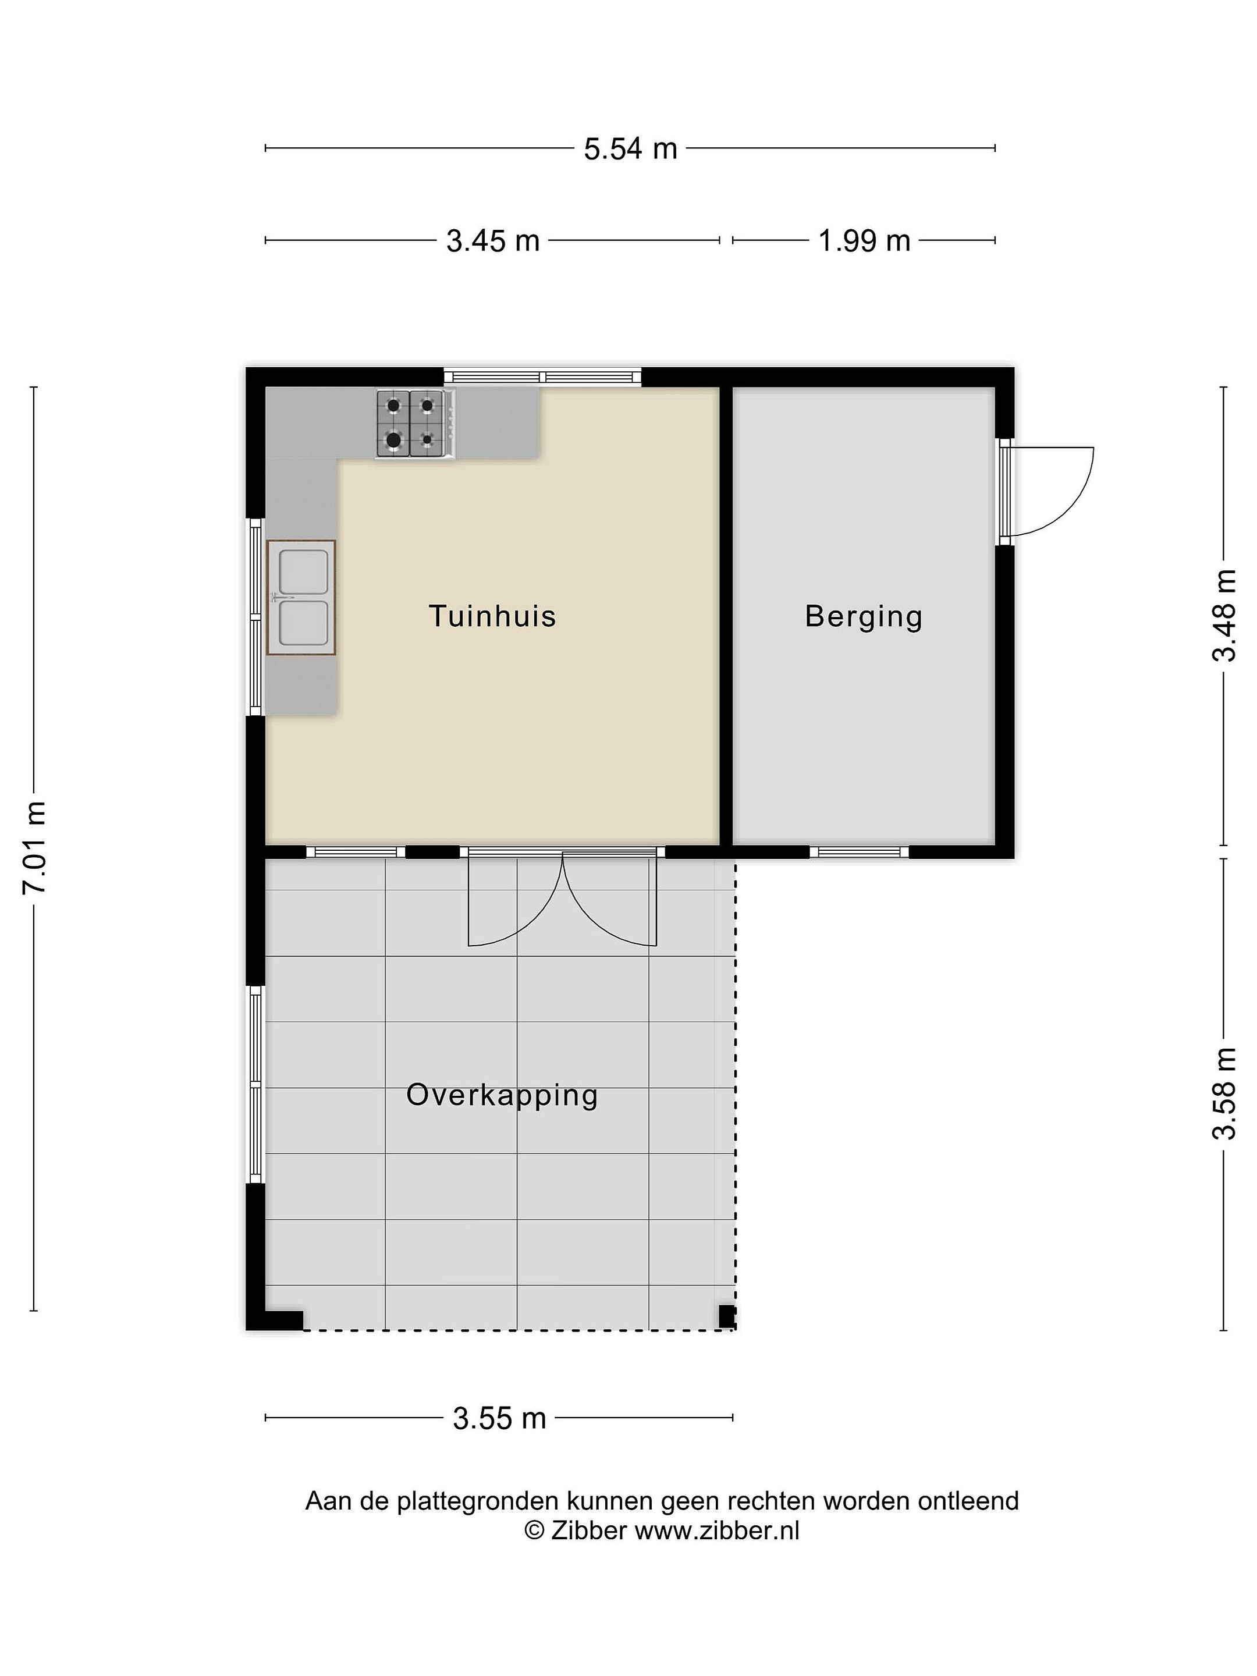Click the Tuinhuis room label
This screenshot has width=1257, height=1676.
pyautogui.click(x=492, y=616)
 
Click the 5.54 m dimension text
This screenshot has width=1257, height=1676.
pyautogui.click(x=630, y=149)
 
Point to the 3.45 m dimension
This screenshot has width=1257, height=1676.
pyautogui.click(x=492, y=242)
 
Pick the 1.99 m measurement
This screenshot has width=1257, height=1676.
pyautogui.click(x=864, y=242)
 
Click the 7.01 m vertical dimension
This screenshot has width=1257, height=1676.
pyautogui.click(x=35, y=847)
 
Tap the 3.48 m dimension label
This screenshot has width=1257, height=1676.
pyautogui.click(x=1224, y=615)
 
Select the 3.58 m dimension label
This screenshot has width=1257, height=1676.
pyautogui.click(x=1224, y=1093)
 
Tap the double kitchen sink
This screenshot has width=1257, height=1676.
pyautogui.click(x=301, y=597)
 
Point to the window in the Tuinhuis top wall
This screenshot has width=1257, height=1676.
pyautogui.click(x=542, y=377)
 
